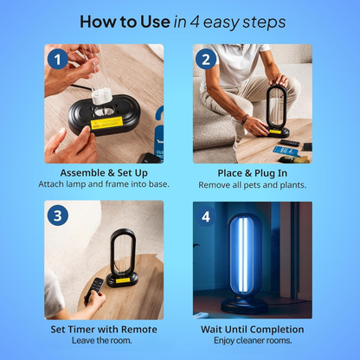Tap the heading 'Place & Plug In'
click(252, 173)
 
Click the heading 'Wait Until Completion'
click(252, 329)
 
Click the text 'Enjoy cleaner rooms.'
click(252, 341)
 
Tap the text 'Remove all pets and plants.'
click(252, 184)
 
